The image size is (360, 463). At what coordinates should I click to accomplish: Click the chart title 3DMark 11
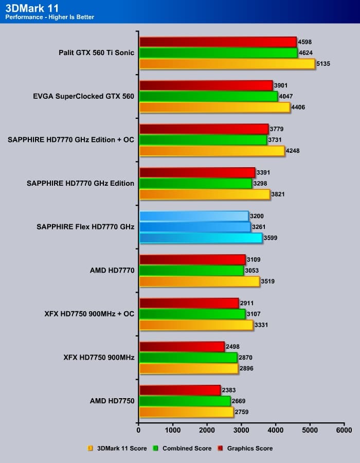30,7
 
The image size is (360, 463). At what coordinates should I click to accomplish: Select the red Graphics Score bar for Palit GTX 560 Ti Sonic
218,42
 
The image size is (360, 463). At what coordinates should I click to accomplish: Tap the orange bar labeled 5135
227,64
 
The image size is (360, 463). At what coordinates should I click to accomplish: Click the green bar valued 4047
208,96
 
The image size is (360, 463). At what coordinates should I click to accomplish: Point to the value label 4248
294,151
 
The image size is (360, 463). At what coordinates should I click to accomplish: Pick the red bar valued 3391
197,172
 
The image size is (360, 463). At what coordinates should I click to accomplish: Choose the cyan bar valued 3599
201,238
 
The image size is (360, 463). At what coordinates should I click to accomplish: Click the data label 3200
257,216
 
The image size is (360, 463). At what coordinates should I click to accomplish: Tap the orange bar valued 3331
196,325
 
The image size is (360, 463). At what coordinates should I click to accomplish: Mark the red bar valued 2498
182,347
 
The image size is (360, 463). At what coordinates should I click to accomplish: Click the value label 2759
242,412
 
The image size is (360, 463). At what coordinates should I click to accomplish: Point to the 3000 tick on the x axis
241,429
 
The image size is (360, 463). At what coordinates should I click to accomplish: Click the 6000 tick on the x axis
344,429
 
